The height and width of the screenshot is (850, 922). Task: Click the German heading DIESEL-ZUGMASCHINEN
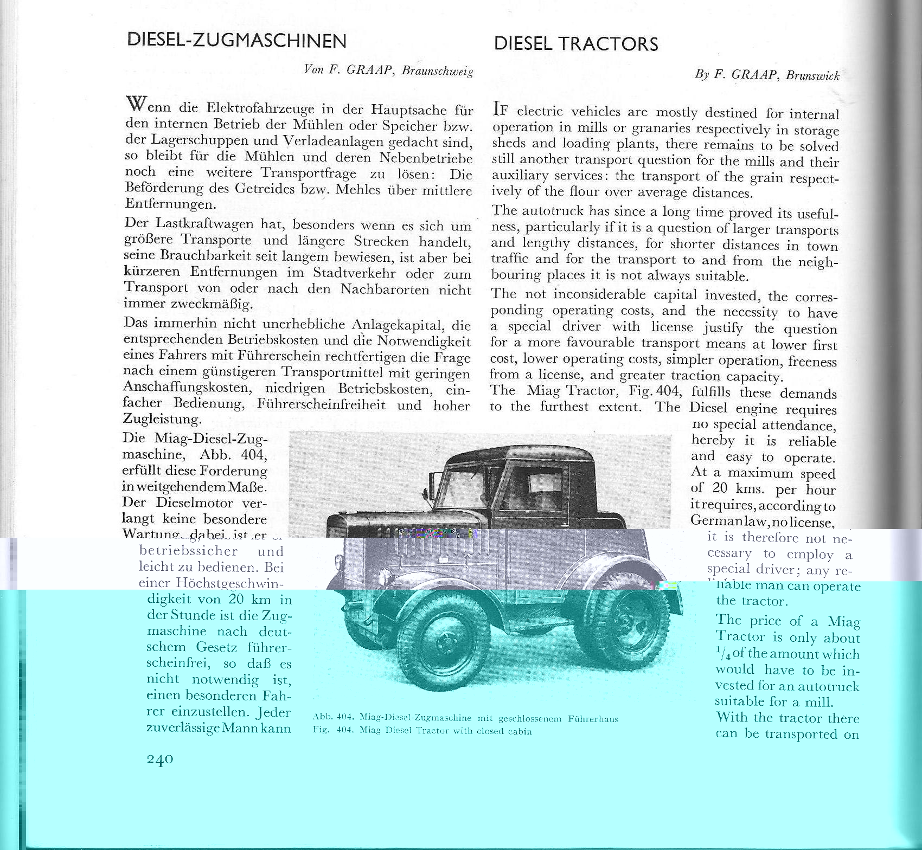point(236,41)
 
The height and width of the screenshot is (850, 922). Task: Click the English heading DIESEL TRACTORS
point(576,44)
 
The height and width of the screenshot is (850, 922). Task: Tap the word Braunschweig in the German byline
point(438,71)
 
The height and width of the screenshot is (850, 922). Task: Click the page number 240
point(160,759)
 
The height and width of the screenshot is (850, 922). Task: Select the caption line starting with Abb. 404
point(465,719)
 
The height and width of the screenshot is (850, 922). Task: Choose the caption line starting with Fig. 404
point(422,731)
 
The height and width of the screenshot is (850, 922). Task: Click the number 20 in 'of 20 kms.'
point(719,488)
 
